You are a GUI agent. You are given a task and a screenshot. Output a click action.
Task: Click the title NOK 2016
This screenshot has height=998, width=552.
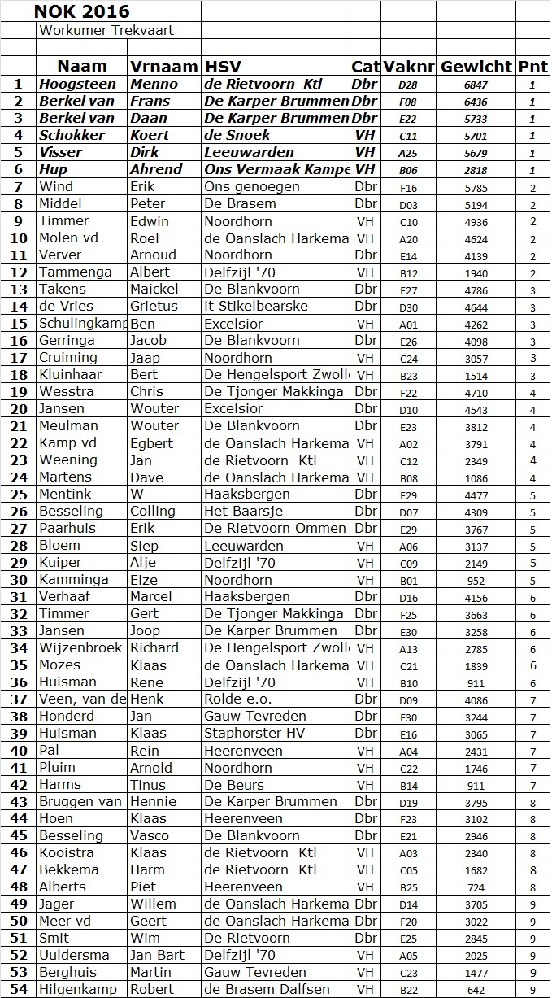pyautogui.click(x=81, y=11)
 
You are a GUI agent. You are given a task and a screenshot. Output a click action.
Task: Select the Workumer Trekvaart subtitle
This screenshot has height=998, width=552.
pyautogui.click(x=106, y=30)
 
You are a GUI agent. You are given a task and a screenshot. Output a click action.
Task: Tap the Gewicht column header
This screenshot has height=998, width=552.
pyautogui.click(x=476, y=67)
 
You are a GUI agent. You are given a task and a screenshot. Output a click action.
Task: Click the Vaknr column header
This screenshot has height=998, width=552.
pyautogui.click(x=409, y=67)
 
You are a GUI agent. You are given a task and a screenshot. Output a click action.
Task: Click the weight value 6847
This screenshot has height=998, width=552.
pyautogui.click(x=476, y=85)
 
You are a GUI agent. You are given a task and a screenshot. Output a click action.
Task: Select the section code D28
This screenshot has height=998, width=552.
pyautogui.click(x=408, y=85)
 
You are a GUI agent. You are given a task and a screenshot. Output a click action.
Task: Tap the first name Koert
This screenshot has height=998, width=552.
pyautogui.click(x=148, y=135)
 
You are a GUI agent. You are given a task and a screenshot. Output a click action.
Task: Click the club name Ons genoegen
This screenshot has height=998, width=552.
pyautogui.click(x=252, y=186)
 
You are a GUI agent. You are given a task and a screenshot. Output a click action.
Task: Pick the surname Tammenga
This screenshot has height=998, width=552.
pyautogui.click(x=76, y=272)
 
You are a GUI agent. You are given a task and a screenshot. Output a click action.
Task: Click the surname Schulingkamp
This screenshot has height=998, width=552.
pyautogui.click(x=81, y=323)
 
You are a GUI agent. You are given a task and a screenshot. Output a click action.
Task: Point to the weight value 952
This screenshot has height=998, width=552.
pyautogui.click(x=476, y=581)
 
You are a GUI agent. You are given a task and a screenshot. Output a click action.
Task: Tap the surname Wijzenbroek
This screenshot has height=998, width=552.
pyautogui.click(x=80, y=648)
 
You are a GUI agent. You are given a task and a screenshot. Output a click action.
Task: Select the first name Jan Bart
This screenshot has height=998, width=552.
pyautogui.click(x=157, y=955)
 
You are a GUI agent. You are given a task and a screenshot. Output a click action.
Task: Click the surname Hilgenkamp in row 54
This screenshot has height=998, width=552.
pyautogui.click(x=78, y=989)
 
